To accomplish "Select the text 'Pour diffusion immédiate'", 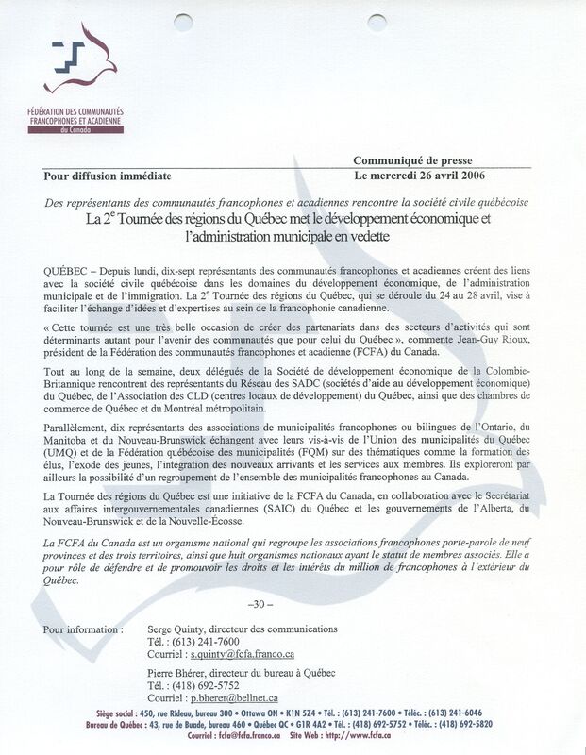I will point(106,176).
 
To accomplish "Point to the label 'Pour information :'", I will point(83,629).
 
